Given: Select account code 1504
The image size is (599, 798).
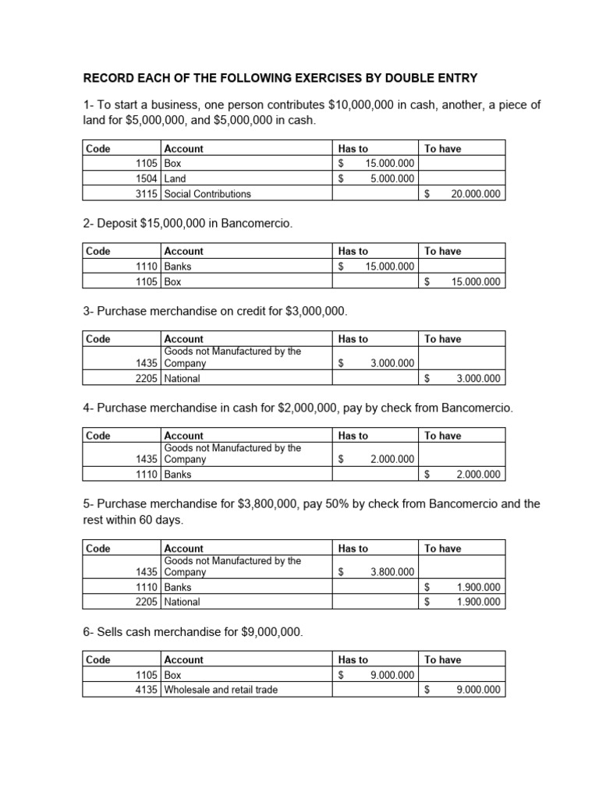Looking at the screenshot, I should click(x=147, y=178).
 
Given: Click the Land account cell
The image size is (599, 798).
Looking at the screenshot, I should click(x=175, y=178).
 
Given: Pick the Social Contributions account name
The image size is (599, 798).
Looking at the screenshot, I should click(x=207, y=193).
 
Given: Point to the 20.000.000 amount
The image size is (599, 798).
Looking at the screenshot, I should click(x=476, y=193).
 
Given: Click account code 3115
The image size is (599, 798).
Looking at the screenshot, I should click(x=147, y=193).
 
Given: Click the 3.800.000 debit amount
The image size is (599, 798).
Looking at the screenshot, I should click(x=392, y=572).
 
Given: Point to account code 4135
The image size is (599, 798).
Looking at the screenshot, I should click(x=147, y=690).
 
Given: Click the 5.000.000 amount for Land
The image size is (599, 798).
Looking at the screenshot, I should click(x=392, y=178).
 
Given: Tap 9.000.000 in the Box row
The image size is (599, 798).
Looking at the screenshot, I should click(x=392, y=675).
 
